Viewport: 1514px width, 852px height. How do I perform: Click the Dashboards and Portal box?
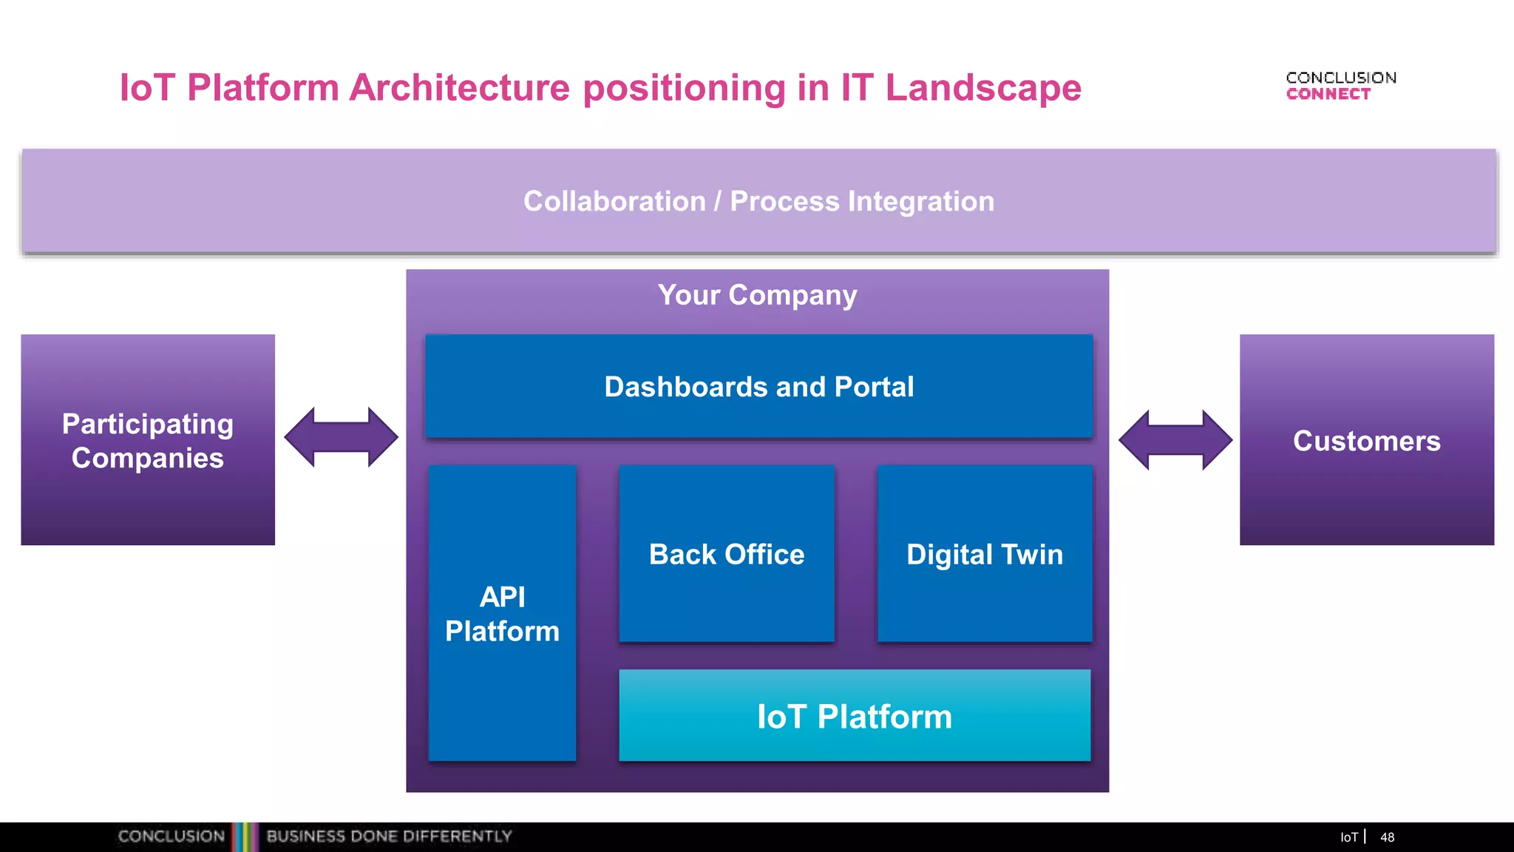[x=758, y=386]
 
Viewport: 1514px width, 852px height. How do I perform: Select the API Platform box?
[x=502, y=613]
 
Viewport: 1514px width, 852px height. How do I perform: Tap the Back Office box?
[x=727, y=554]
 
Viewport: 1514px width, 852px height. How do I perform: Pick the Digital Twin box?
[x=985, y=554]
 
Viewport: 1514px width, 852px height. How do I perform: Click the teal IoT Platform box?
[x=855, y=716]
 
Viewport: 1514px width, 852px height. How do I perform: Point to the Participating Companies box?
[x=148, y=440]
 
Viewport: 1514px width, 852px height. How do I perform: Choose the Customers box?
[x=1366, y=440]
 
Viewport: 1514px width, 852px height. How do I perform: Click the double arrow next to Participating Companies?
[x=341, y=437]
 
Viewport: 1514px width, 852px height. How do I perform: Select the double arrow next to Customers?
[x=1175, y=440]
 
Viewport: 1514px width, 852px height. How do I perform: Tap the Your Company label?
[x=757, y=295]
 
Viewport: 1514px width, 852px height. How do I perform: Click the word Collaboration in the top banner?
[x=614, y=201]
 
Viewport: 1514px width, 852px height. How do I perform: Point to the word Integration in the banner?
[x=921, y=201]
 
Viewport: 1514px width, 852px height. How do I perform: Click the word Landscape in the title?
[x=983, y=88]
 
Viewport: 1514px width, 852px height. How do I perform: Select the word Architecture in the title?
[x=459, y=88]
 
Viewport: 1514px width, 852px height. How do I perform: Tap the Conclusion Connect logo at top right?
[x=1340, y=86]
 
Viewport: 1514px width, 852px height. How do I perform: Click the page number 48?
[x=1387, y=837]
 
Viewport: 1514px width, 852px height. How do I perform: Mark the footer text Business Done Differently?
[x=389, y=836]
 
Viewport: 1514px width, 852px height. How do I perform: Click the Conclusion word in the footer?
[x=172, y=836]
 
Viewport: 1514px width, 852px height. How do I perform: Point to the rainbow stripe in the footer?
[x=245, y=836]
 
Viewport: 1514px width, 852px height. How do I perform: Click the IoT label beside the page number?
[x=1348, y=837]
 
